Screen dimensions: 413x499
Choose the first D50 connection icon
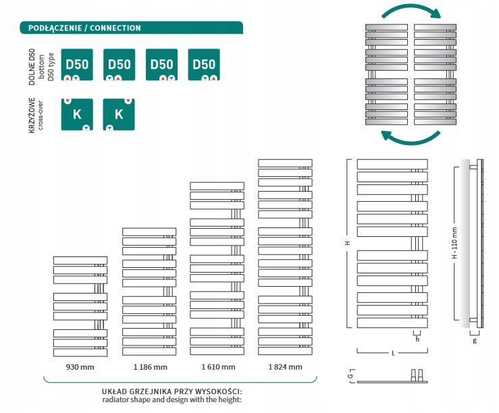click(77, 65)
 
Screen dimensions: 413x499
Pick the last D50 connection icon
click(203, 65)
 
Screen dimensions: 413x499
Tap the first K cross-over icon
click(77, 114)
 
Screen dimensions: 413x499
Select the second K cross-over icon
click(119, 114)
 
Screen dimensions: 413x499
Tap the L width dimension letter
click(392, 353)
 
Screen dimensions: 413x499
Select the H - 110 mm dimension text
click(454, 244)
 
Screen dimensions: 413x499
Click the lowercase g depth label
click(475, 341)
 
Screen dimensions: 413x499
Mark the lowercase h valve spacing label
click(417, 339)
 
